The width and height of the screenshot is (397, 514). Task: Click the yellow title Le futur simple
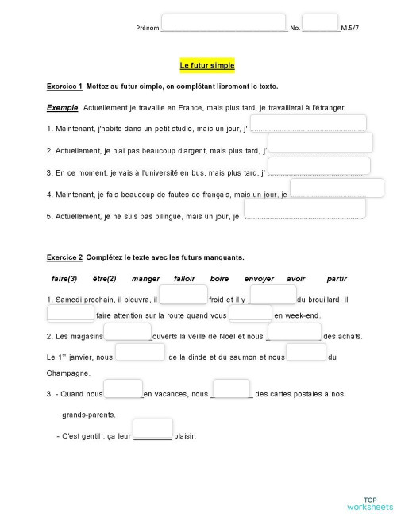tap(207, 64)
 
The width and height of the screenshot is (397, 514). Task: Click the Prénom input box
tap(223, 22)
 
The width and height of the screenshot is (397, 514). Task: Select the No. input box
tap(320, 22)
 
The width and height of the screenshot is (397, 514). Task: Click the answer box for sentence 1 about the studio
tap(308, 123)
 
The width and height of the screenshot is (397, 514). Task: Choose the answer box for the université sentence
tap(318, 166)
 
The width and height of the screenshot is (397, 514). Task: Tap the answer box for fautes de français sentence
tap(337, 187)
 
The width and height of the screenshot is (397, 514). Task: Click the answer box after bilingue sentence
tap(304, 208)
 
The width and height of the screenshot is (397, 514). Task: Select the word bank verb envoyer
tap(259, 279)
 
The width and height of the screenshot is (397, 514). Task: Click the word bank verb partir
tap(337, 279)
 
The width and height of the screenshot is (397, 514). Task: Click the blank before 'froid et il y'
tap(183, 295)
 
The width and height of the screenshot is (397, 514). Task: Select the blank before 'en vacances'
tap(123, 389)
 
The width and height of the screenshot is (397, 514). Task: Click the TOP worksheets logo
tap(369, 501)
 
